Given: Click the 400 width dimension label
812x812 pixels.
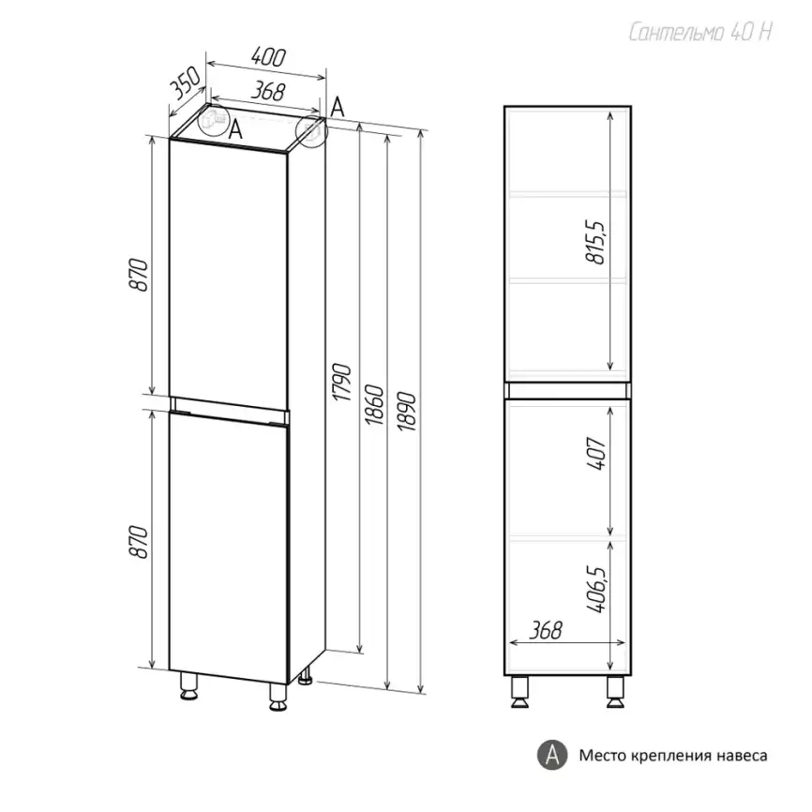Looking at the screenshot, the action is tap(268, 57).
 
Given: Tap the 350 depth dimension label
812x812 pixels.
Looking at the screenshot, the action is tap(186, 83).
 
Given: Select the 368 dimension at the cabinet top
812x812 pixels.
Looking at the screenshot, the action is tap(268, 92).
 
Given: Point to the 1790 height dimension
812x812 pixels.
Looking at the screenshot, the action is tap(342, 383).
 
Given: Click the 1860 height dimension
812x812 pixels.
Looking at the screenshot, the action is tap(374, 404).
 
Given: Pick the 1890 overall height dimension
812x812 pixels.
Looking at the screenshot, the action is tap(407, 412).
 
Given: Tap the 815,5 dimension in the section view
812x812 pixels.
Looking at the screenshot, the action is tap(595, 242).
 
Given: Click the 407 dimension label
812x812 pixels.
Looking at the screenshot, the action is tap(596, 454).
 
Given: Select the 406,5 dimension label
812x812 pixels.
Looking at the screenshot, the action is tap(596, 590).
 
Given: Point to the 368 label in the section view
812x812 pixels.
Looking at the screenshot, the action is tap(546, 630).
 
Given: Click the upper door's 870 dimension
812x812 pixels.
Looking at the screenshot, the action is tap(139, 275).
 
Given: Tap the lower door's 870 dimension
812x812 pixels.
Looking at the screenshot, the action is tap(139, 542).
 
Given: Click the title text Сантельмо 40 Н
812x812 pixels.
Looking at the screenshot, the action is tap(700, 32).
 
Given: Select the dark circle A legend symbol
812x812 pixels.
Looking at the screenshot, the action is tap(552, 755).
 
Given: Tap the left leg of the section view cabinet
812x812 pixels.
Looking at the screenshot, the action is tap(519, 691).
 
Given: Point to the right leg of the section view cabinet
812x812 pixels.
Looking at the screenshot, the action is tap(616, 691).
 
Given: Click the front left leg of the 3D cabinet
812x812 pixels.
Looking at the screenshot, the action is tap(189, 685).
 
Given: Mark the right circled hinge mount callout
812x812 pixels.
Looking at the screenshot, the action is tap(311, 131).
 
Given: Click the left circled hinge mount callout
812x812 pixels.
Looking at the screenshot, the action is tap(214, 120).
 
